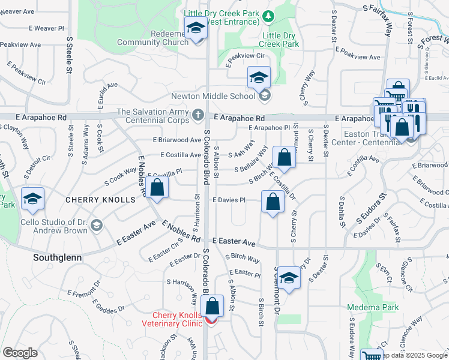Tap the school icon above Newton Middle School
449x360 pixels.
(259, 77)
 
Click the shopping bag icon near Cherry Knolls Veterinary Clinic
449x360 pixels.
(212, 305)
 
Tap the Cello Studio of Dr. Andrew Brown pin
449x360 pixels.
(97, 226)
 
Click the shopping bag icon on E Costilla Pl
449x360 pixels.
(157, 187)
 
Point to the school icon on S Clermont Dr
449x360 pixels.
(289, 278)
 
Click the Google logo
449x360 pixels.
(20, 352)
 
